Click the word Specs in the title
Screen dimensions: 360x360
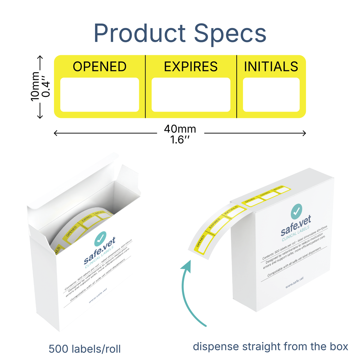[x=230, y=34]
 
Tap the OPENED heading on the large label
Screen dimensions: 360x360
[x=100, y=67]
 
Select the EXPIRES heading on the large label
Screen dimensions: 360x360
[x=191, y=67]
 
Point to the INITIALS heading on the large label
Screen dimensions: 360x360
[x=271, y=67]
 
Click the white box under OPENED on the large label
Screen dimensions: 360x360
[x=100, y=95]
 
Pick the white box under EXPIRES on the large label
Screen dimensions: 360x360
[x=191, y=95]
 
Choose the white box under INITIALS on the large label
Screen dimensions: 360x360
[x=271, y=95]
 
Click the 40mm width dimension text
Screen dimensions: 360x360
[x=180, y=129]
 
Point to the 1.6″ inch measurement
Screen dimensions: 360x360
[x=180, y=140]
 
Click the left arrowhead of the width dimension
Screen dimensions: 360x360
[x=55, y=133]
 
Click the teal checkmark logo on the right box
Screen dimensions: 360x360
[x=296, y=211]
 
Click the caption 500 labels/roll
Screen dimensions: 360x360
[x=85, y=349]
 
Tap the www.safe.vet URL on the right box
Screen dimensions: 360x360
[x=294, y=283]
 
